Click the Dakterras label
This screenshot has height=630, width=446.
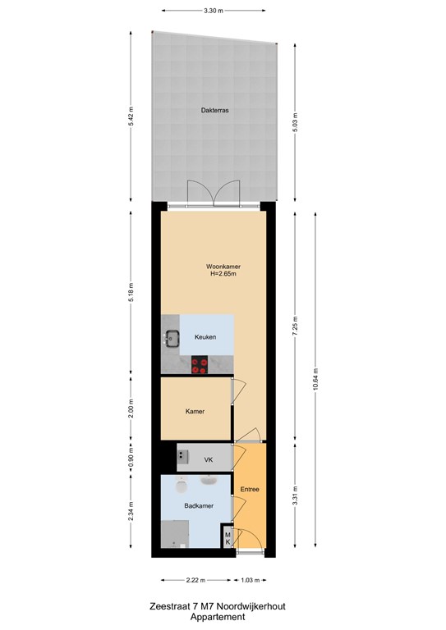point(214,110)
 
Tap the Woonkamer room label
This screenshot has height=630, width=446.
point(223,267)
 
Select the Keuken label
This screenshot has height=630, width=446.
point(205,337)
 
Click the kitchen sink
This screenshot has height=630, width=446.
point(172,338)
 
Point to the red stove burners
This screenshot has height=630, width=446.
point(199,365)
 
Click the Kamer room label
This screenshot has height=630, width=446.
point(195,412)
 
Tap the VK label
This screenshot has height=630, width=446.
point(209,460)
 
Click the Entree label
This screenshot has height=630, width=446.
point(250,490)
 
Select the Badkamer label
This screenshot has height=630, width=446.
point(199,506)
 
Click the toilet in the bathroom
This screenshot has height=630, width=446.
point(182,486)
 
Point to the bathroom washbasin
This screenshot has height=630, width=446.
point(209,480)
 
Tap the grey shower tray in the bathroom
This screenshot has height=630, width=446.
point(175,534)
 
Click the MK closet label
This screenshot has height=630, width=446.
point(228,538)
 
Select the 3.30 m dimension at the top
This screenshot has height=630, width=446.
point(214,11)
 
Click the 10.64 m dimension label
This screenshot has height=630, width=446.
point(315,379)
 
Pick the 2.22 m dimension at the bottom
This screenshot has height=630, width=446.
point(195,580)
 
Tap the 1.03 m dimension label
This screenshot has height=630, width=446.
point(251,580)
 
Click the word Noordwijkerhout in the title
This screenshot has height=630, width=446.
point(251,606)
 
